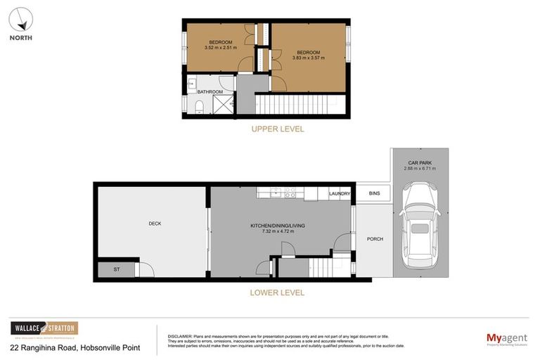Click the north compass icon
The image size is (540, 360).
point(20,18)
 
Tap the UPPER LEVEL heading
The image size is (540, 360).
point(278,129)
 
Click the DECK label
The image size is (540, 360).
point(155,224)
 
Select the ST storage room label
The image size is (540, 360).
point(117,269)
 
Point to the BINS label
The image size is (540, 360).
point(373,193)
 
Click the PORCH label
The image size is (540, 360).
point(375,239)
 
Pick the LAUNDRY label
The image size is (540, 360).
point(340,193)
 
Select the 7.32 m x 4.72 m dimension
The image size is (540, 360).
point(278,231)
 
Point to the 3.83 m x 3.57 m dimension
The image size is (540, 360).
point(308,58)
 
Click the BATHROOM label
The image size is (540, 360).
point(210,92)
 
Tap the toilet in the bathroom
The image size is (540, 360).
point(199,106)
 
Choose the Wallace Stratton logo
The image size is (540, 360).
point(44,328)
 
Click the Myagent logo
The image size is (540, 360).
point(506,340)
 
